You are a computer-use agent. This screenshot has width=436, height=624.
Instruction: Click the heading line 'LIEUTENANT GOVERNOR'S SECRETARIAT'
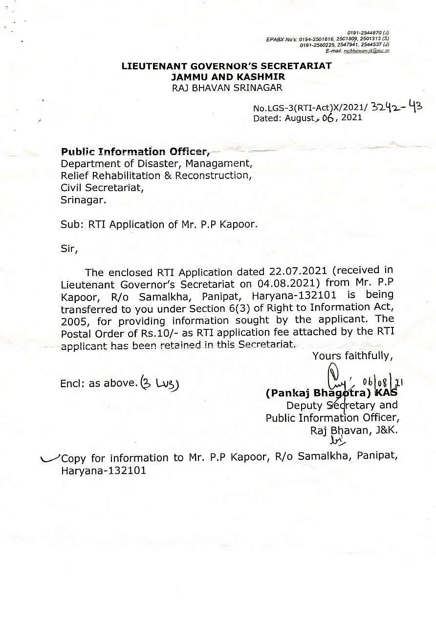point(227,66)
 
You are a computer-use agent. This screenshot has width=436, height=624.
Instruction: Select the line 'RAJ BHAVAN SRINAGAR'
point(227,87)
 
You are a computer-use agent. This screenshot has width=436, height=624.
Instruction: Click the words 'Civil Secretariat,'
point(103,188)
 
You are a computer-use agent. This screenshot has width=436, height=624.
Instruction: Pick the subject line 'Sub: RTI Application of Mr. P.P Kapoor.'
point(159,225)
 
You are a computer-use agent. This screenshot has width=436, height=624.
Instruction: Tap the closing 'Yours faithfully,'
point(352,356)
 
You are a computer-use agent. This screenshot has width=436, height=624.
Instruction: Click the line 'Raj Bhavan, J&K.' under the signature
point(354,430)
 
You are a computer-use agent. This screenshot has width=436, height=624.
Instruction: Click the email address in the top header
point(366,50)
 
